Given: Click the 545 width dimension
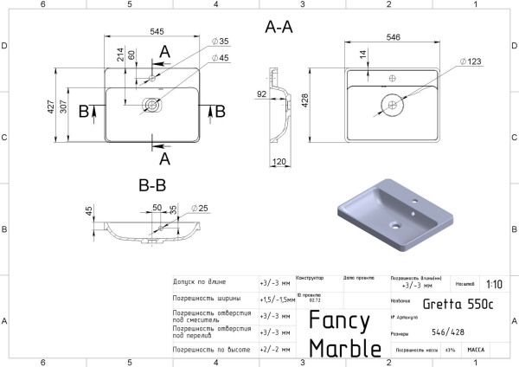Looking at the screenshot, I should [x=157, y=32].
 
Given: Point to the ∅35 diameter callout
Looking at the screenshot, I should [x=219, y=42].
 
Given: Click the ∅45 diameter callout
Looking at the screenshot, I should [x=219, y=58].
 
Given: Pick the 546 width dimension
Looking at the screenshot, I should [x=393, y=37].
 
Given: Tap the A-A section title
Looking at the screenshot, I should [x=279, y=27].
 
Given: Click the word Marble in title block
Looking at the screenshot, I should [x=345, y=347].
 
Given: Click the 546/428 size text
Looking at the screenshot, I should [x=441, y=332].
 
